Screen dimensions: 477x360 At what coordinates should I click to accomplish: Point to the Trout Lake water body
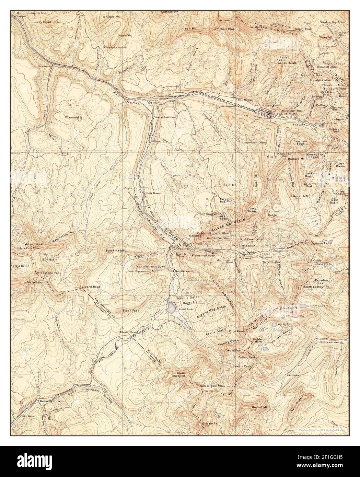tap(170, 306)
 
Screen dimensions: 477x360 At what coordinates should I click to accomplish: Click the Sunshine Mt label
tap(115, 251)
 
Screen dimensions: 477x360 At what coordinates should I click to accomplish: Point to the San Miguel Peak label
tap(212, 386)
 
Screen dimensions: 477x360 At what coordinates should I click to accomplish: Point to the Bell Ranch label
tap(154, 193)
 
